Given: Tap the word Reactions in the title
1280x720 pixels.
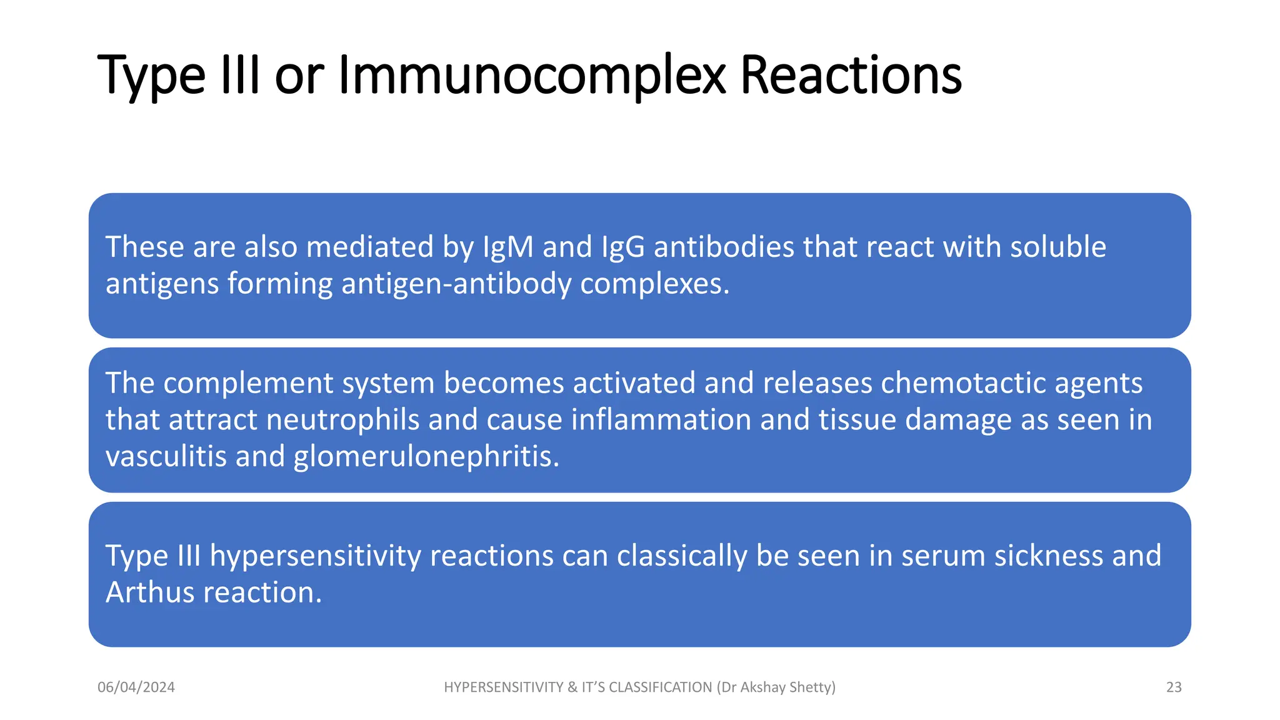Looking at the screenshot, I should click(x=851, y=75).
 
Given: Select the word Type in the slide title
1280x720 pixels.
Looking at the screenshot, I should click(x=152, y=76).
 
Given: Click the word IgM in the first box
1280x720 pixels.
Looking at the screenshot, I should click(x=508, y=247).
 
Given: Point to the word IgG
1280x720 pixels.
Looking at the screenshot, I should click(x=622, y=247).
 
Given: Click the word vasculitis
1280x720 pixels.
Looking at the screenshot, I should click(x=166, y=456).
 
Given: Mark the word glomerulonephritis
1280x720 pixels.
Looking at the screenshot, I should click(x=426, y=456).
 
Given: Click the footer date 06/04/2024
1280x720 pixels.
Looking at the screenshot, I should click(x=136, y=687).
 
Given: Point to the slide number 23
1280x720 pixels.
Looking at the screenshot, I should click(x=1174, y=687).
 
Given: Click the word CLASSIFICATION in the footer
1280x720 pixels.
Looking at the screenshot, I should click(x=660, y=687).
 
